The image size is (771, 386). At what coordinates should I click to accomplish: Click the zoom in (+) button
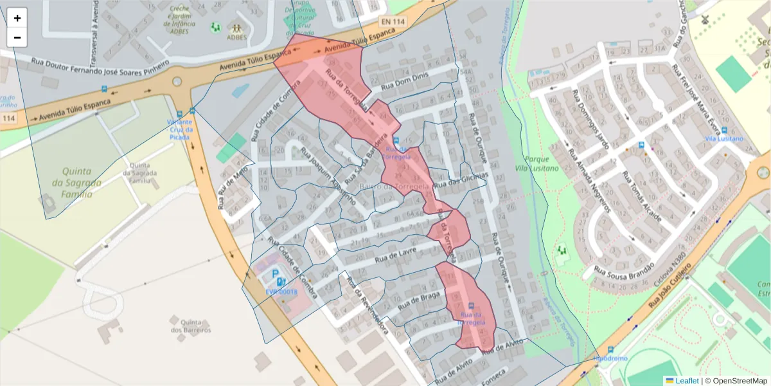click(x=17, y=18)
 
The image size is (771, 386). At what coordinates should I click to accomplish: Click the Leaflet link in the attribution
click(x=686, y=381)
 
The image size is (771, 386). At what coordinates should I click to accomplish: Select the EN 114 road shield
click(x=393, y=21)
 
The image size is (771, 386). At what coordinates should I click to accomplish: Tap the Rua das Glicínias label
click(x=461, y=179)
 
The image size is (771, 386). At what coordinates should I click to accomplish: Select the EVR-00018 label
click(x=281, y=291)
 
